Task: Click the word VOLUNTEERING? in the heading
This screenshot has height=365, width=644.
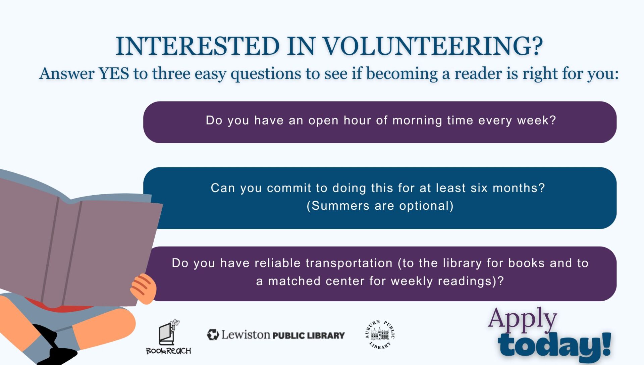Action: point(433,46)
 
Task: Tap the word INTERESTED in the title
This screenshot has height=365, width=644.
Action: point(198,46)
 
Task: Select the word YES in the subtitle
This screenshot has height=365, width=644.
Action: point(113,73)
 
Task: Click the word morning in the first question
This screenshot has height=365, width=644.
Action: point(417,120)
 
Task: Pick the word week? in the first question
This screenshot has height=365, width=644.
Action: point(537,120)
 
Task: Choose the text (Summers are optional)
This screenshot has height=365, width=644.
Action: point(380,206)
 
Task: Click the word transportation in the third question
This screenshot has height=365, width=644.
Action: point(323,263)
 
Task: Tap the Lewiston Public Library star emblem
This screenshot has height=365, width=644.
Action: point(213,335)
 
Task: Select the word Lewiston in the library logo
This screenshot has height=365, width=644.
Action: point(246,334)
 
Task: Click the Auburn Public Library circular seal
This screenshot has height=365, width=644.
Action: point(380,335)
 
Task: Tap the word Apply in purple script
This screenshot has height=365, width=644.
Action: point(522,319)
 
